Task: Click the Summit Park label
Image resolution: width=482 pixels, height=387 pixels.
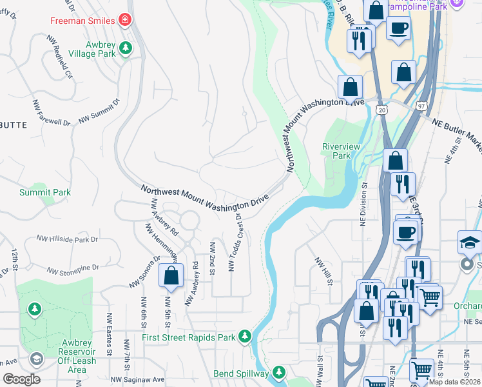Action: [x=44, y=192]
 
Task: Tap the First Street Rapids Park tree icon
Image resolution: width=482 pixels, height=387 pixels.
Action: [x=244, y=335]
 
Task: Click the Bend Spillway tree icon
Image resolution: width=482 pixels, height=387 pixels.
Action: [x=278, y=373]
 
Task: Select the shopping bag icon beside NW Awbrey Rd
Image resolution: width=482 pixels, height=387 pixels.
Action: [x=171, y=275]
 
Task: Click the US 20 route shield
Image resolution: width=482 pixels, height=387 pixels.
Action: [x=382, y=111]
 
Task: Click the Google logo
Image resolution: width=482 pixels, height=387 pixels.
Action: [x=21, y=379]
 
